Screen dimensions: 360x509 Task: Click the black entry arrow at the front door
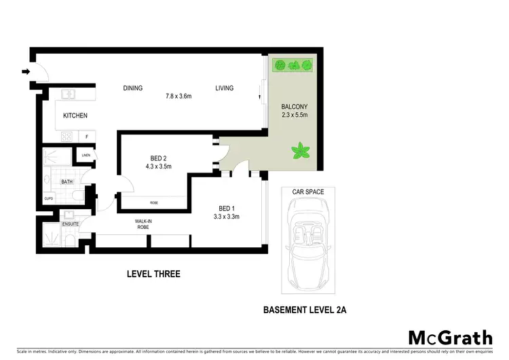[x=26, y=71]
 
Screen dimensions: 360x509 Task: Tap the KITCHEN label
[x=75, y=115]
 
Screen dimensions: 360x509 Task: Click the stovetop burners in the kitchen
[x=67, y=137]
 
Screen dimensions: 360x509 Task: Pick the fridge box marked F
[x=86, y=137]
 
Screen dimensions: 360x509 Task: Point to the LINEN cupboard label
[x=86, y=156]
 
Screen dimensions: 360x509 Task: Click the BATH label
[x=67, y=181]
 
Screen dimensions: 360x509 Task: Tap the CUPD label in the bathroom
[x=49, y=199]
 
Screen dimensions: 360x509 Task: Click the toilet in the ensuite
[x=70, y=240]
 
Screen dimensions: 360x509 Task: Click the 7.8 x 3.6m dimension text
[x=178, y=96]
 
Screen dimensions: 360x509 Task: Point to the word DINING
[x=132, y=88]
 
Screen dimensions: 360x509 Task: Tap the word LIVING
[x=224, y=88]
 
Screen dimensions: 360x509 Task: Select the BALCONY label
[x=295, y=107]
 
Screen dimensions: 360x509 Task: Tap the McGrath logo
[x=451, y=338]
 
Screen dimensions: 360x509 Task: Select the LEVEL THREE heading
[x=153, y=274]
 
